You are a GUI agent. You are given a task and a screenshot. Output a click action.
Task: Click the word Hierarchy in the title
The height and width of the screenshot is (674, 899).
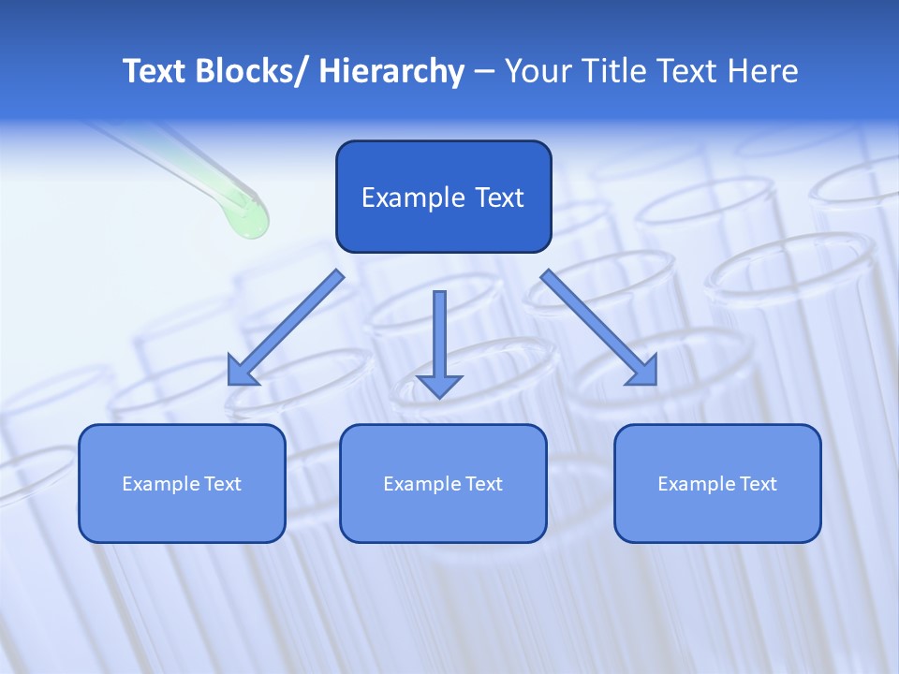point(391,71)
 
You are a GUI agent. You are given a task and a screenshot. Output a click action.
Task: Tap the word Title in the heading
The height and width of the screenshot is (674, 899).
point(616,71)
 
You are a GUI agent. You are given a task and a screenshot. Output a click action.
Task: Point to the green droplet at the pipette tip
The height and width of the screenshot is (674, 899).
point(248,220)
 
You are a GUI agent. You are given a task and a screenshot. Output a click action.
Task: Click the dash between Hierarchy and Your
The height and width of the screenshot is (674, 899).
point(484,72)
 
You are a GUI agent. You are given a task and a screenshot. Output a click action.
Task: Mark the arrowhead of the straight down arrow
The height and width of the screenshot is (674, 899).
point(439,385)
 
